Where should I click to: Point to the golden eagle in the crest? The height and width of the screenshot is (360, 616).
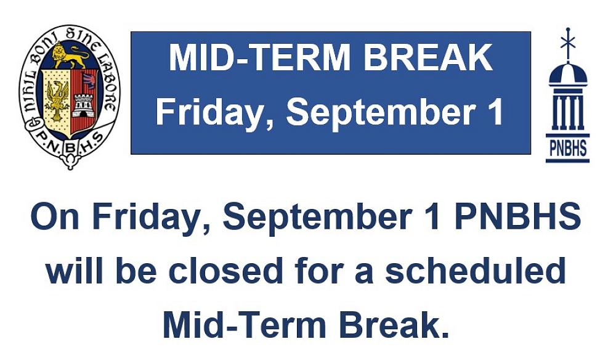coord(57,99)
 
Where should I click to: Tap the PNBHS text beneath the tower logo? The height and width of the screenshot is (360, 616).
coord(567,149)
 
